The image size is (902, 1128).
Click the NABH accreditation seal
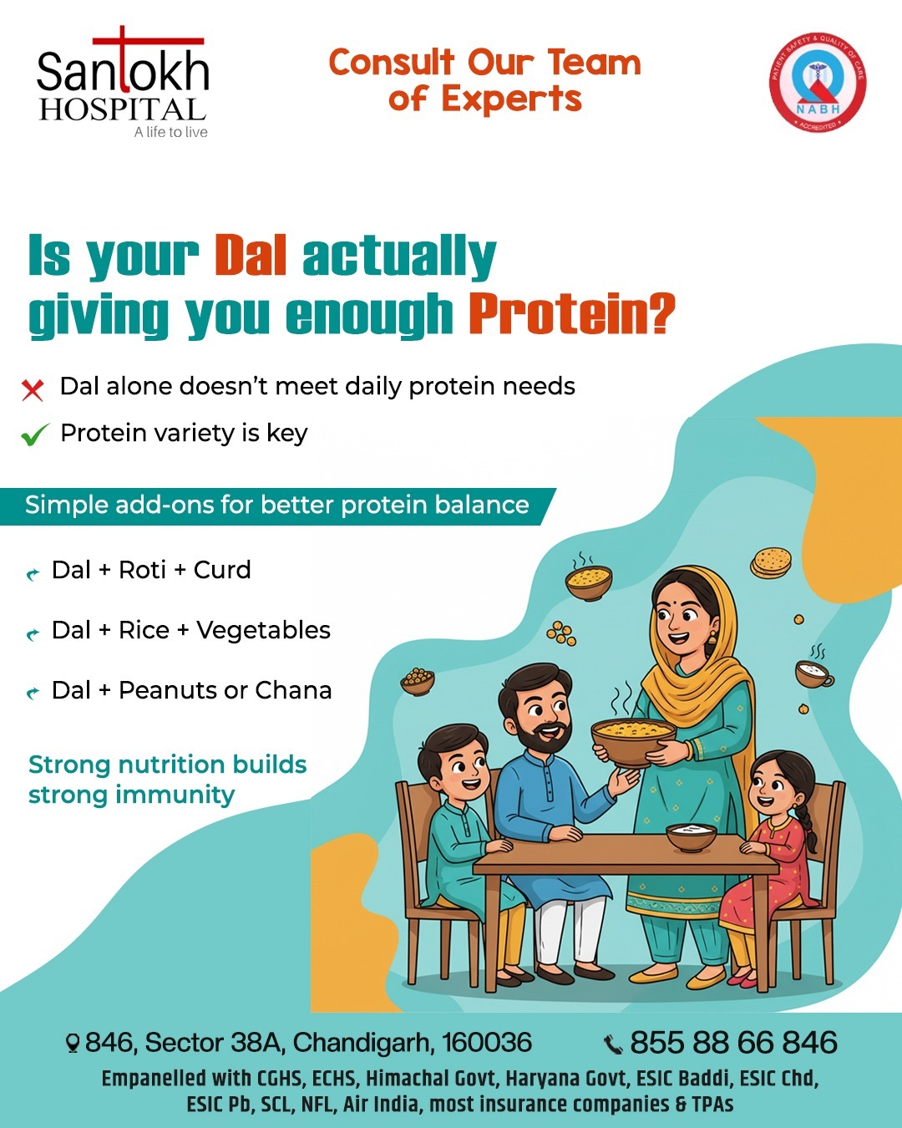point(818,81)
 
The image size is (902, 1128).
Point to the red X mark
point(33,390)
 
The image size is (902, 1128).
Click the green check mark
point(34,434)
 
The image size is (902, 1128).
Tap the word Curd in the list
point(222,570)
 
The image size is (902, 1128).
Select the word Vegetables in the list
point(264,630)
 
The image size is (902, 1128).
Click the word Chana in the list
point(293,690)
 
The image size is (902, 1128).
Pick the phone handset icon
point(613,1044)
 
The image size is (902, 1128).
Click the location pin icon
point(73,1043)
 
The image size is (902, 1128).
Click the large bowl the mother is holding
point(633,740)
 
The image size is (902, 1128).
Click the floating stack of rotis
point(771,562)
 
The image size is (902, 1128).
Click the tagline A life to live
point(171,132)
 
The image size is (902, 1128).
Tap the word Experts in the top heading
point(511,99)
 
